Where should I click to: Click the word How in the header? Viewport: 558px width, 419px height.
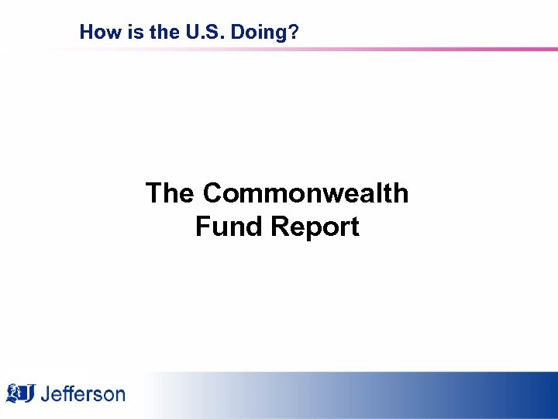click(x=96, y=33)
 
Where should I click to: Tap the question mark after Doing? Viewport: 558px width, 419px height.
click(x=294, y=33)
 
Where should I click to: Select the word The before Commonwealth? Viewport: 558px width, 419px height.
click(x=170, y=193)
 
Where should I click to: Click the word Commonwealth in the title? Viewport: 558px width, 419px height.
click(x=305, y=193)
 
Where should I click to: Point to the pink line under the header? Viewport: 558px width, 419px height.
click(x=387, y=50)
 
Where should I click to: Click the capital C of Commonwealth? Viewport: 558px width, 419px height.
click(x=213, y=193)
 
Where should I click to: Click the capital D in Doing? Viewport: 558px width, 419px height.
click(x=228, y=33)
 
